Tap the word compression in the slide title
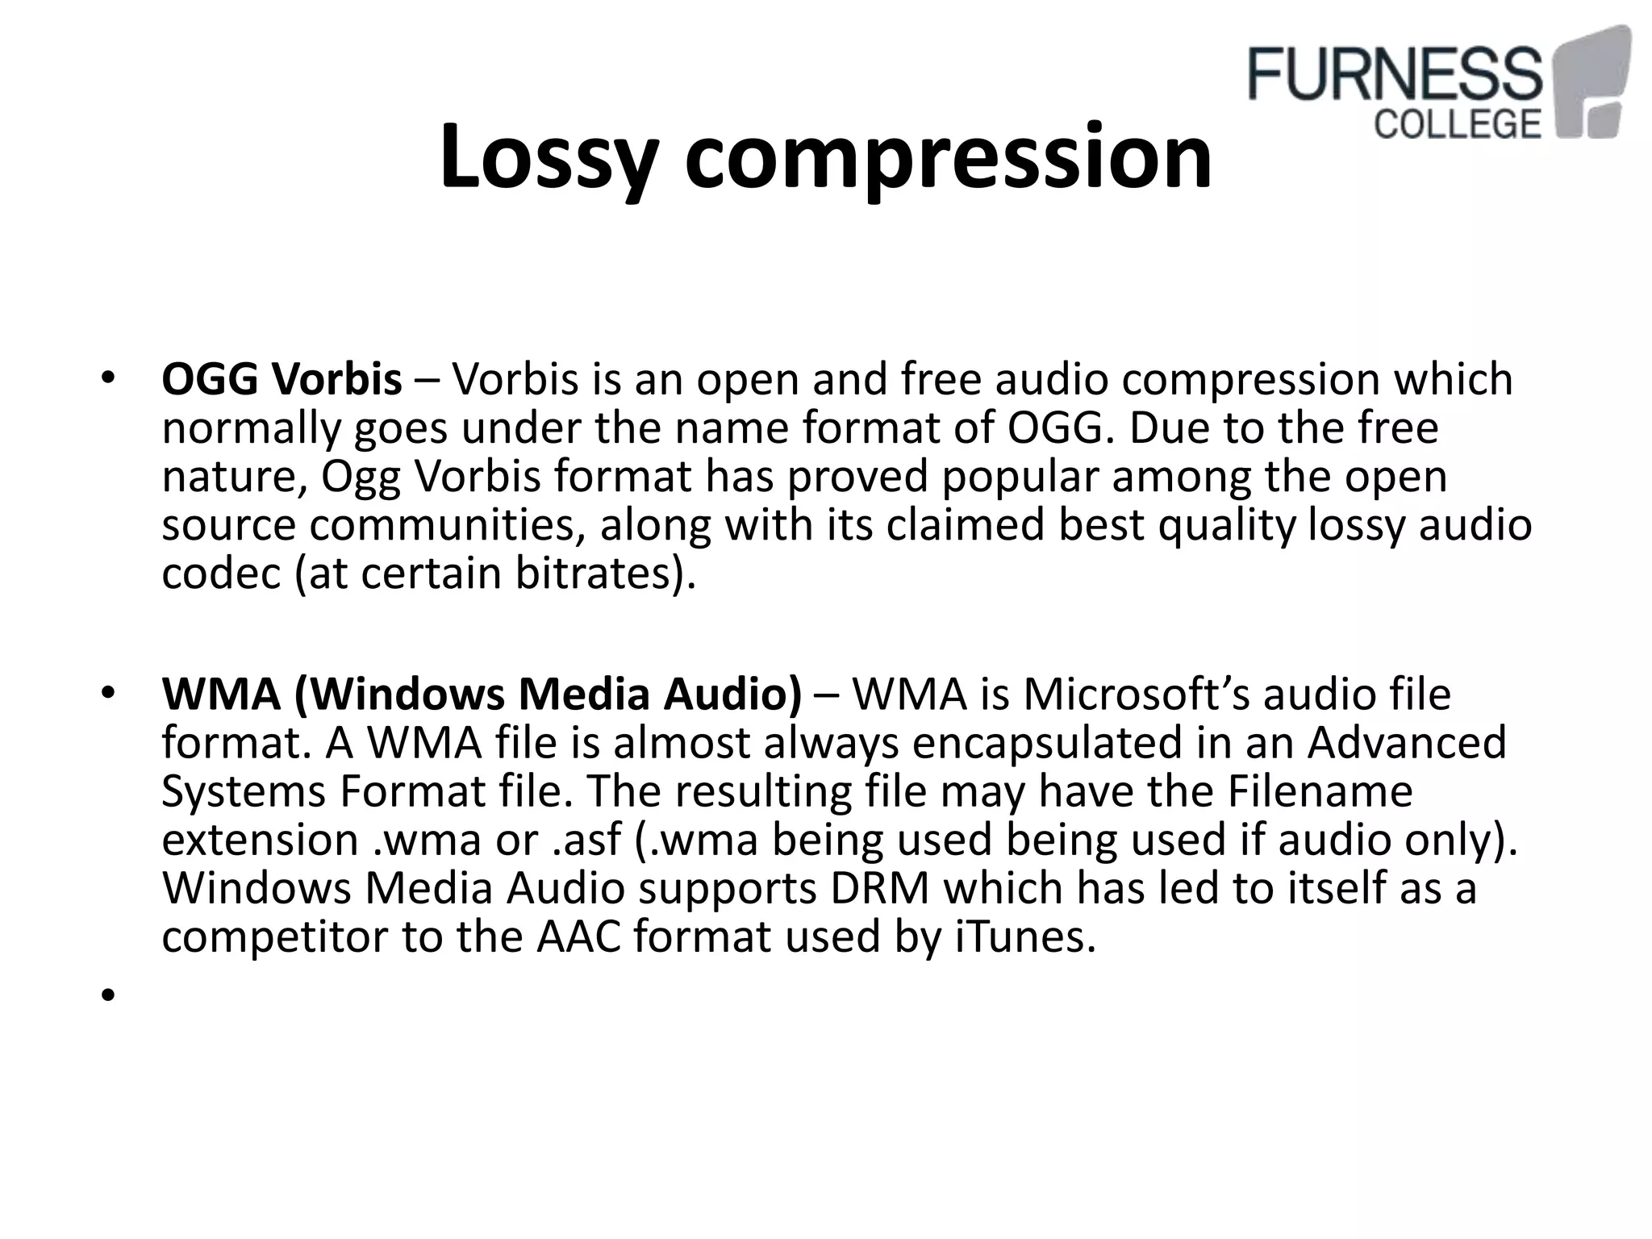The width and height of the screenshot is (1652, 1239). click(948, 157)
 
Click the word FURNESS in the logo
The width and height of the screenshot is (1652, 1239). click(1394, 74)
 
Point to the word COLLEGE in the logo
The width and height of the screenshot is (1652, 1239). click(1457, 124)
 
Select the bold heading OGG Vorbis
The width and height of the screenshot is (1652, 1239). click(282, 379)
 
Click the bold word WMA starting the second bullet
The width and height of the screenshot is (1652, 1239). click(220, 695)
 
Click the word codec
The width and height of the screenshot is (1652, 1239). click(220, 574)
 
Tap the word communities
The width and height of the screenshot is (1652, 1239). click(446, 526)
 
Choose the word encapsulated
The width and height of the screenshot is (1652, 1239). click(1047, 743)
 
